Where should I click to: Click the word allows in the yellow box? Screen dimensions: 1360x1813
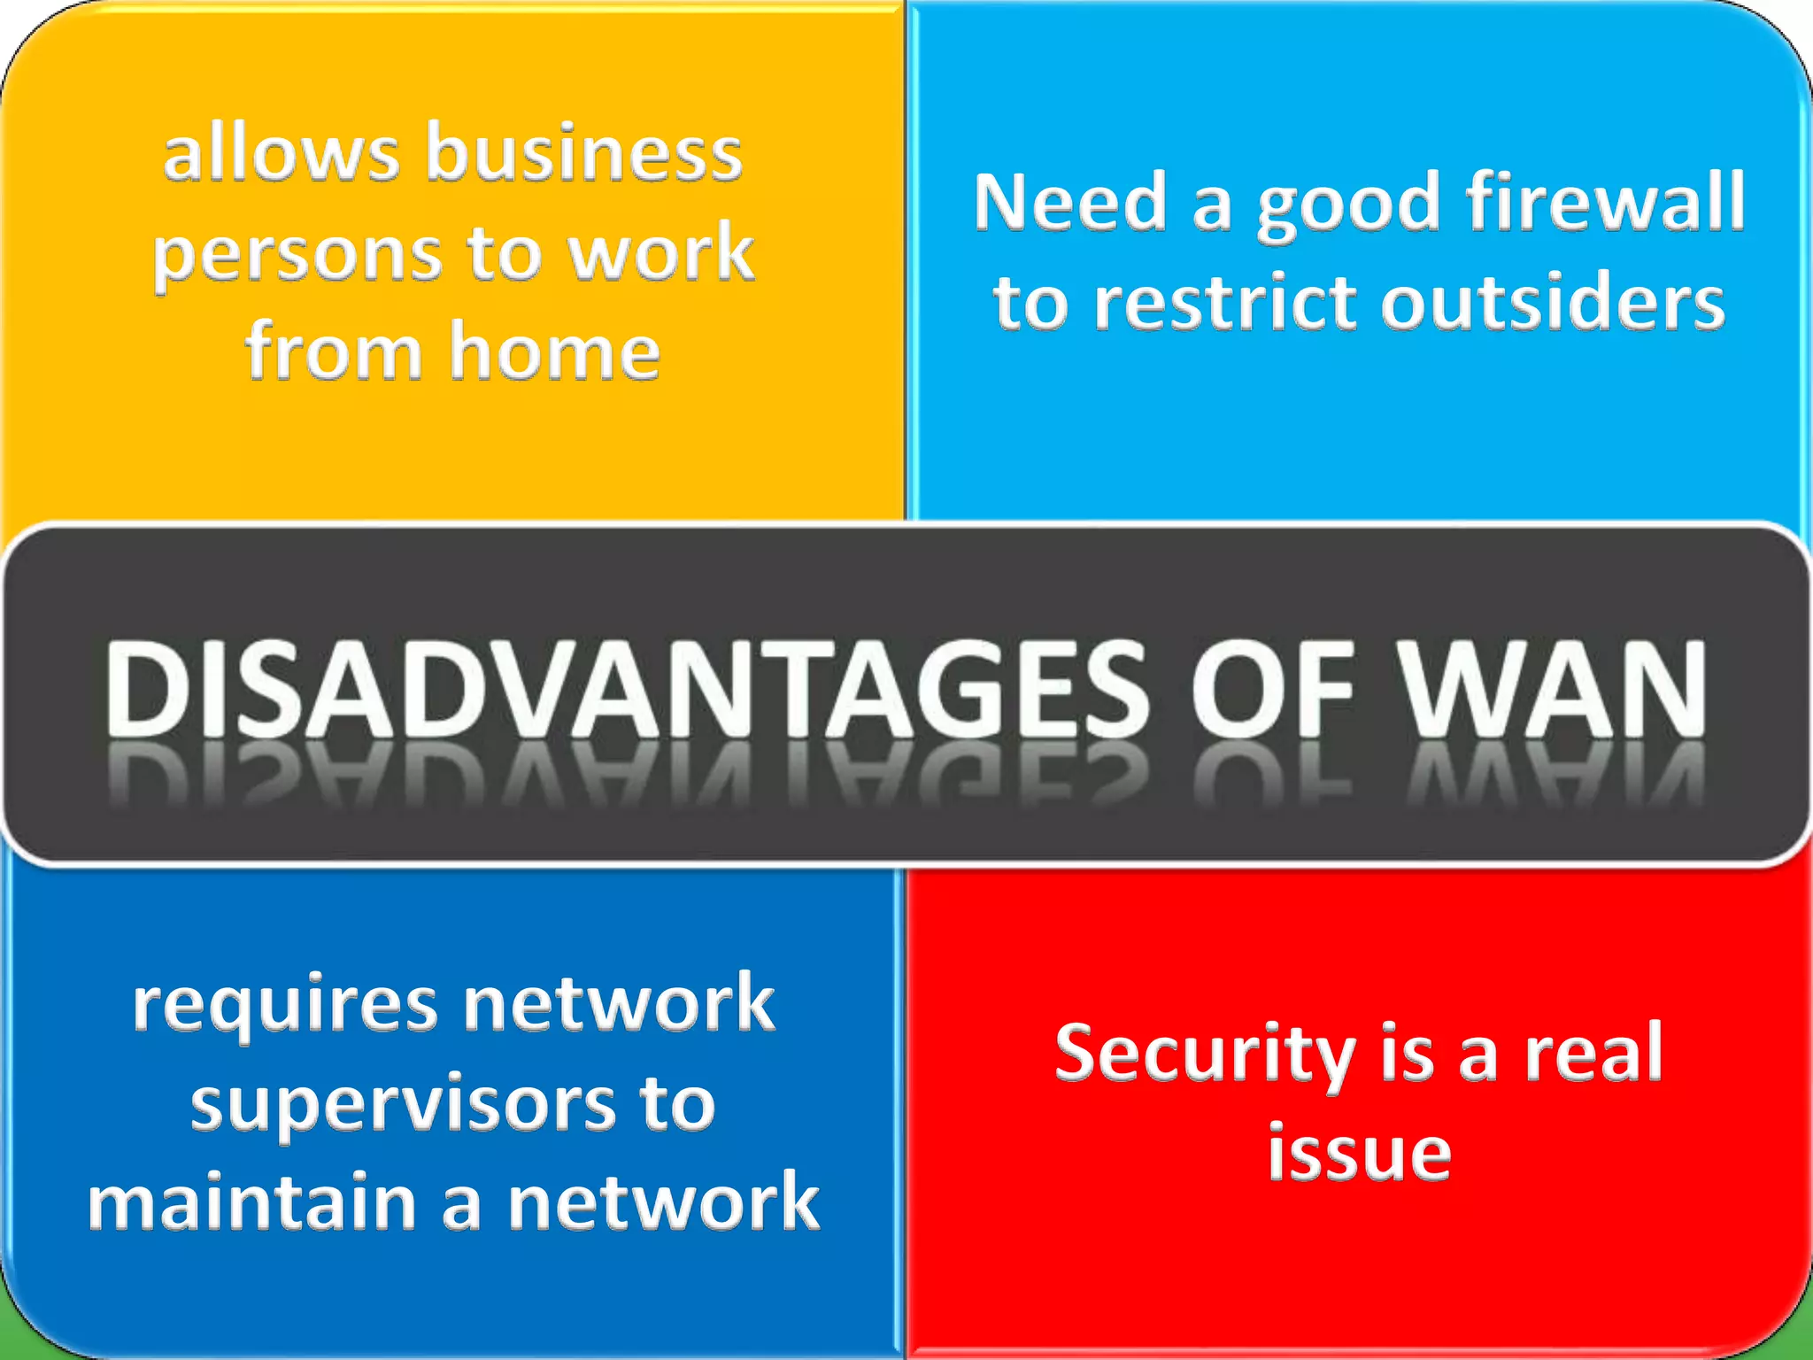282,154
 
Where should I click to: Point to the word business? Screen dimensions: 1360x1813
584,154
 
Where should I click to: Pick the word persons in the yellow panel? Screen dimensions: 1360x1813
297,255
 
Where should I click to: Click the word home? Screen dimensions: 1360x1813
555,352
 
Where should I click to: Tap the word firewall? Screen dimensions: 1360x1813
1605,203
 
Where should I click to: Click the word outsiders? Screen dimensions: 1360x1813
1554,303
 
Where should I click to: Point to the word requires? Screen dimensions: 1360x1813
285,1006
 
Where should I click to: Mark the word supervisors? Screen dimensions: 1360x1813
404,1105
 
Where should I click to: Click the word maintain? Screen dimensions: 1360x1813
252,1202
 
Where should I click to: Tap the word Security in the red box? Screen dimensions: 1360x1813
1204,1054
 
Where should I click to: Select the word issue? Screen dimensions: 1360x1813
1359,1153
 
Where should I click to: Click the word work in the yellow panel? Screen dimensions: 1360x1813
660,253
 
